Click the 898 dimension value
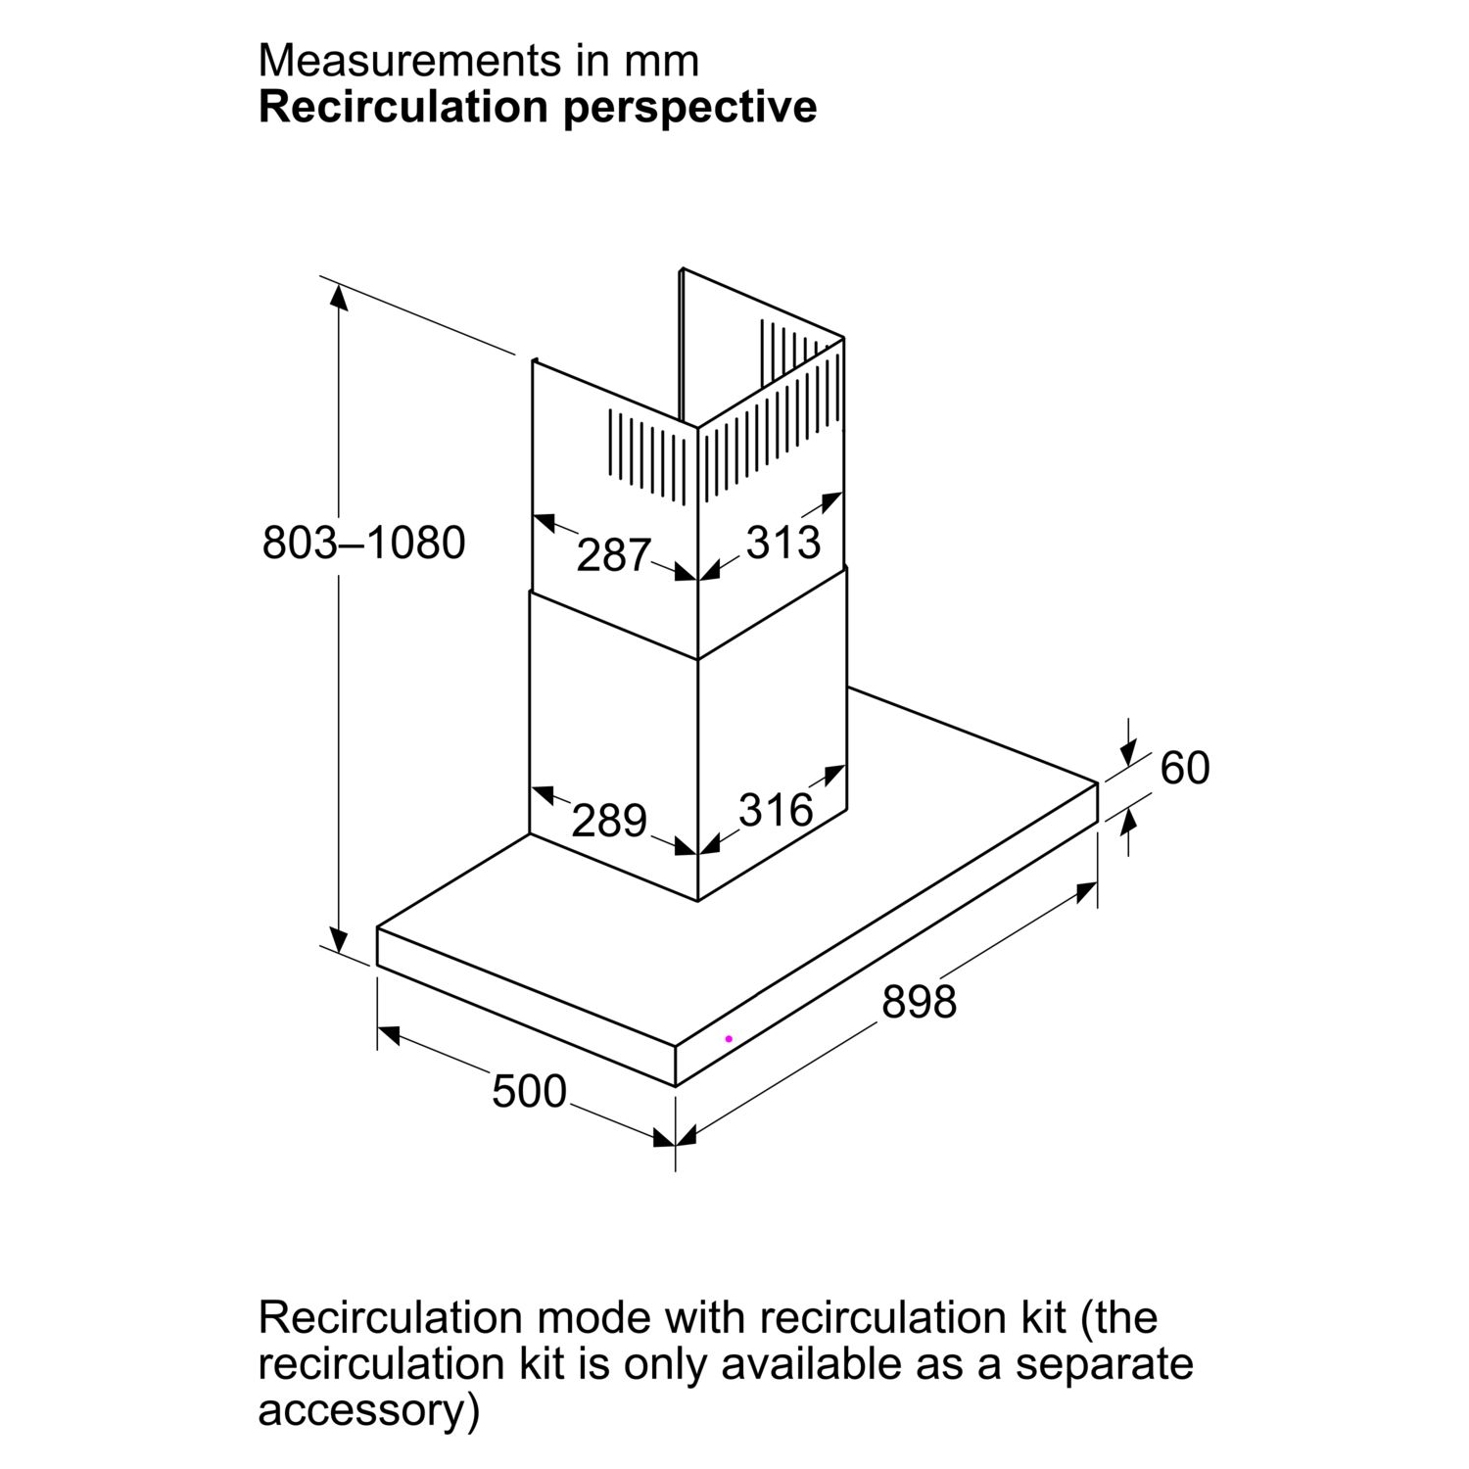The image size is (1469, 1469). pos(919,1002)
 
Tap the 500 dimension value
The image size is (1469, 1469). pos(529,1091)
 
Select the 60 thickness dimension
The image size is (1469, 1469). pos(1185,768)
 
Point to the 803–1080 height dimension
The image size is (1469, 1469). pos(364,543)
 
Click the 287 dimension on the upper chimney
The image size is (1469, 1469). pos(614,555)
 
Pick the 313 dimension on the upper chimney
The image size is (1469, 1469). pos(783,542)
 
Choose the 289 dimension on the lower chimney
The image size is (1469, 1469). pos(609,820)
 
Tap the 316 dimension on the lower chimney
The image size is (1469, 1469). pos(776,810)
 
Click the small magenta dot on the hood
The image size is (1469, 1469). pos(729,1038)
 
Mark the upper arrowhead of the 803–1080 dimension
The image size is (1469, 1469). pos(339,297)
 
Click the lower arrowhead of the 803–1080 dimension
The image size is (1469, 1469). pos(339,938)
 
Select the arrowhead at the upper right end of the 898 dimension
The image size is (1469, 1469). pos(1084,891)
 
